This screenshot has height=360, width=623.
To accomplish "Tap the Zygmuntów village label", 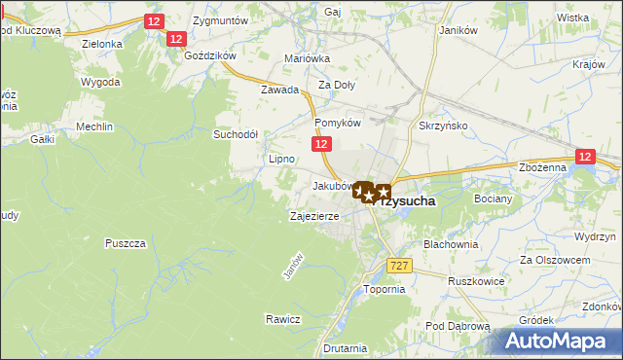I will [220, 20].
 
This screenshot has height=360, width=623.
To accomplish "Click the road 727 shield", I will [397, 266].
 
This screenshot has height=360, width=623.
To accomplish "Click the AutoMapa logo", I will [560, 341].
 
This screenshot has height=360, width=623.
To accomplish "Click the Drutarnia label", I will [347, 347].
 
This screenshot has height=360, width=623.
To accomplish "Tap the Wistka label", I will [573, 18].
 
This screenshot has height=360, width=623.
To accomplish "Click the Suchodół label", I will [235, 134].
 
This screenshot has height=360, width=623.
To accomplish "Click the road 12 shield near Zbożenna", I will [584, 156].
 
